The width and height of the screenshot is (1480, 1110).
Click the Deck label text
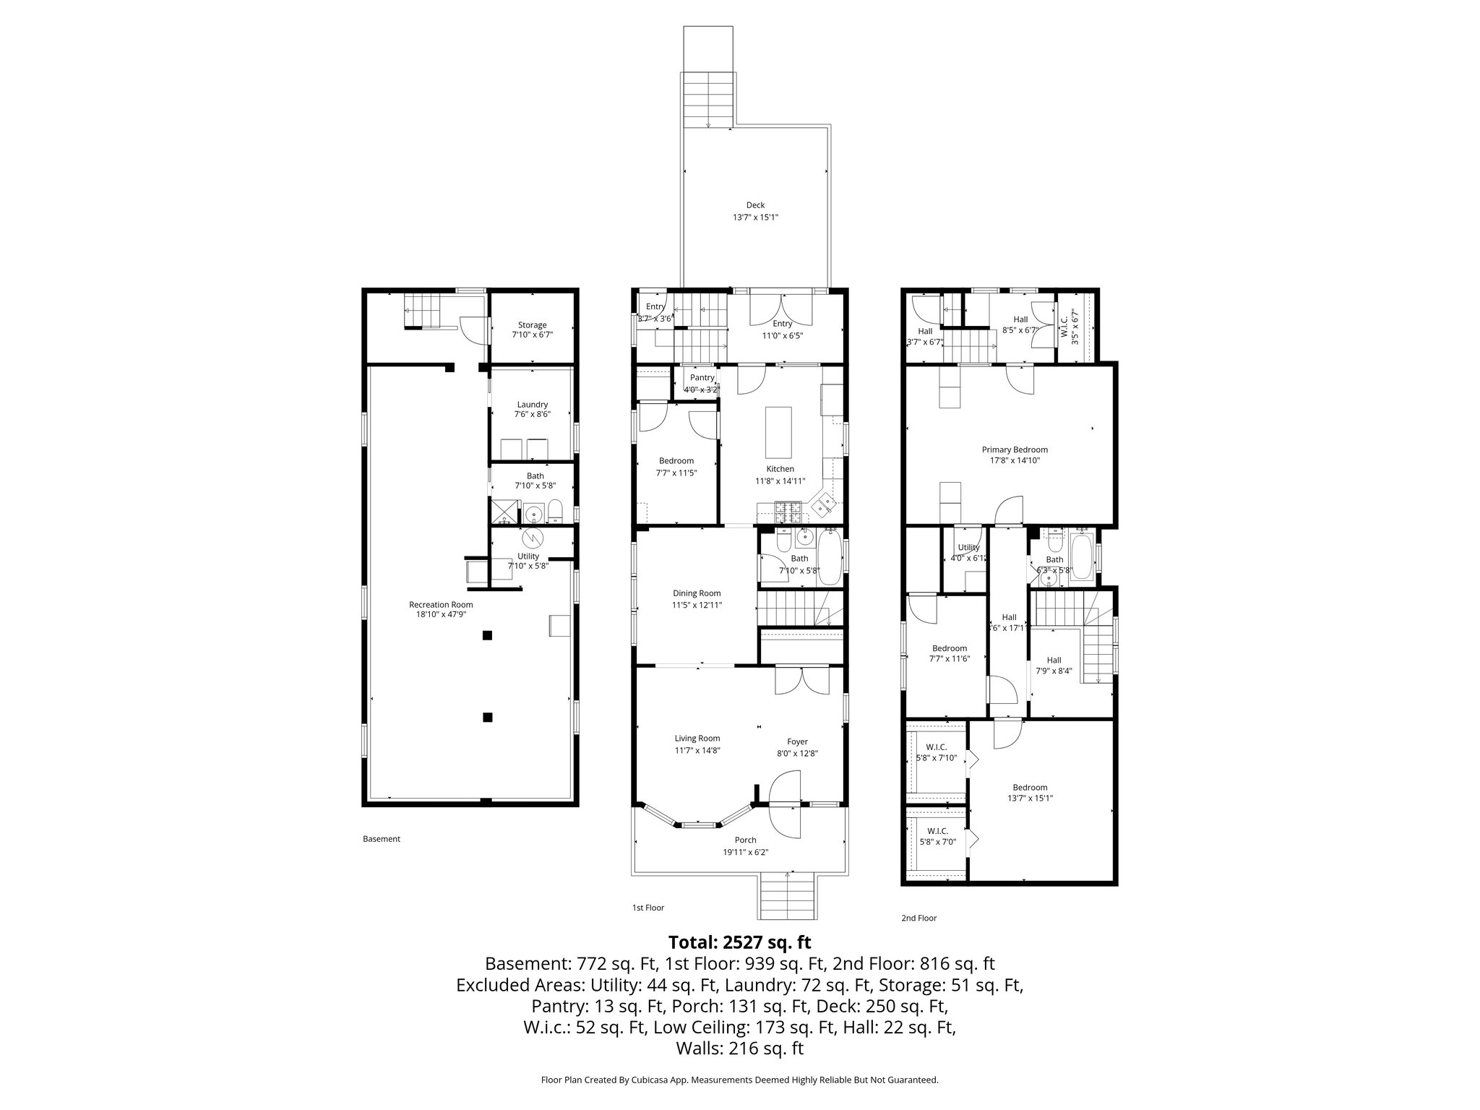(755, 205)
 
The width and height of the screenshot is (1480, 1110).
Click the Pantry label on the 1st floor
(702, 378)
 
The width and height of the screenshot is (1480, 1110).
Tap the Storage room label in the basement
(532, 325)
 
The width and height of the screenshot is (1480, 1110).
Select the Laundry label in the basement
(532, 405)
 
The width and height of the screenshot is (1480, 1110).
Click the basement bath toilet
(555, 512)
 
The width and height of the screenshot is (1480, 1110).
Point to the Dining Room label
(697, 593)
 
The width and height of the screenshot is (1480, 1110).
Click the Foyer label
(797, 741)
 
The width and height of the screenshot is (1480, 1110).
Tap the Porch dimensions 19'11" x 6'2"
(745, 852)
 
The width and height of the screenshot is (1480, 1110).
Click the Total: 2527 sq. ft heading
(739, 942)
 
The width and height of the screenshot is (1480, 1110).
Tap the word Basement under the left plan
(381, 839)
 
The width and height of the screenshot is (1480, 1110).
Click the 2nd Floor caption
(918, 918)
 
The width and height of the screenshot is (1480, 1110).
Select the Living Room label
(697, 739)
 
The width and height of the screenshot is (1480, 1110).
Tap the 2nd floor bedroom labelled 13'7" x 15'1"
(1030, 793)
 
